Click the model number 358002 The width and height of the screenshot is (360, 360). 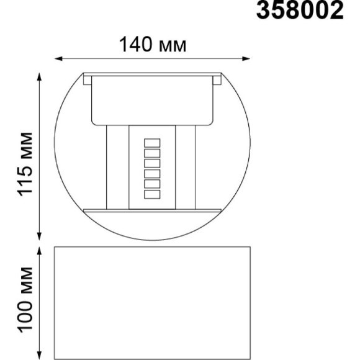[300, 11]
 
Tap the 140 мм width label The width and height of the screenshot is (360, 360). [153, 45]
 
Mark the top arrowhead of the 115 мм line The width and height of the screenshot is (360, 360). [40, 76]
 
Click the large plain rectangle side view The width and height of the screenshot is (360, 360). [153, 300]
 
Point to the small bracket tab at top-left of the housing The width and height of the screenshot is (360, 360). [88, 79]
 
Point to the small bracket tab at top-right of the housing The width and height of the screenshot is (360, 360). [218, 79]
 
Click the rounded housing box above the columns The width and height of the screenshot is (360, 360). [153, 99]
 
